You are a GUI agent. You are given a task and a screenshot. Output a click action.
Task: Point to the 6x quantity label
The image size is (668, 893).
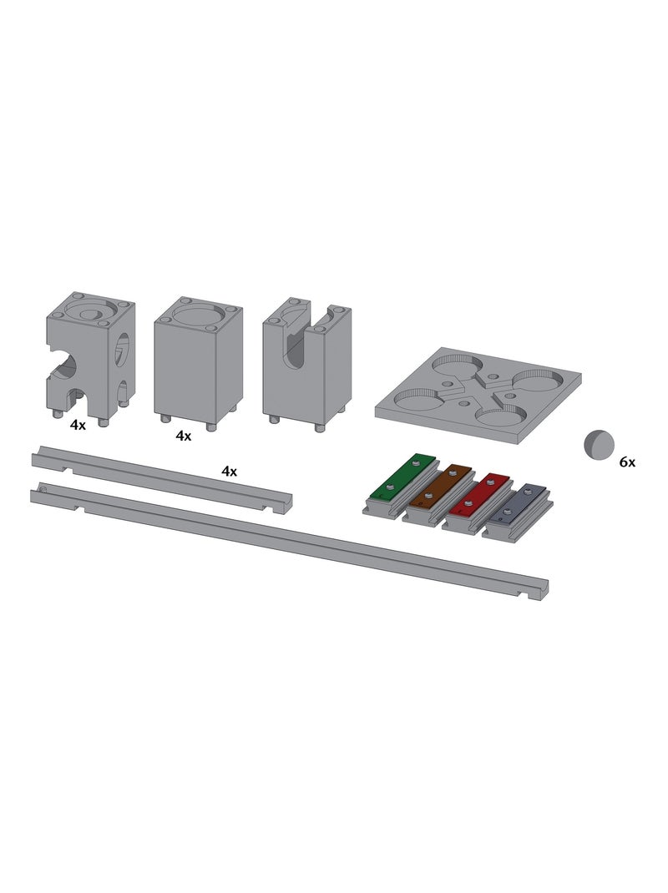pyautogui.click(x=627, y=462)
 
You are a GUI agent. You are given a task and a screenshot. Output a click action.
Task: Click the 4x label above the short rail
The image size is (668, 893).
pyautogui.click(x=229, y=471)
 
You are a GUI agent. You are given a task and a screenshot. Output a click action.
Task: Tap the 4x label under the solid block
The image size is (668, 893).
pyautogui.click(x=184, y=436)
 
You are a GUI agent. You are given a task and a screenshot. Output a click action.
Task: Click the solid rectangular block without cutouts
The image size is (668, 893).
pyautogui.click(x=199, y=363)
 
